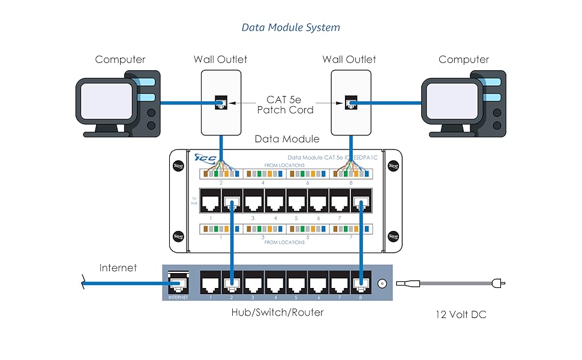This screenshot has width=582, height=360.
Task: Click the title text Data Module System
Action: pyautogui.click(x=290, y=27)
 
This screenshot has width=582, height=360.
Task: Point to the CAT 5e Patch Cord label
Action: pyautogui.click(x=285, y=105)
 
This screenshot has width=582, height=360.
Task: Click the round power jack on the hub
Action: pyautogui.click(x=380, y=284)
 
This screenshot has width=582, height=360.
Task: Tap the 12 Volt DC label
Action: pyautogui.click(x=461, y=314)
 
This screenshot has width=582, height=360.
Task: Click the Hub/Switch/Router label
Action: pyautogui.click(x=277, y=312)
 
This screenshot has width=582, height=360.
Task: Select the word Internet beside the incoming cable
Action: pyautogui.click(x=118, y=268)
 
